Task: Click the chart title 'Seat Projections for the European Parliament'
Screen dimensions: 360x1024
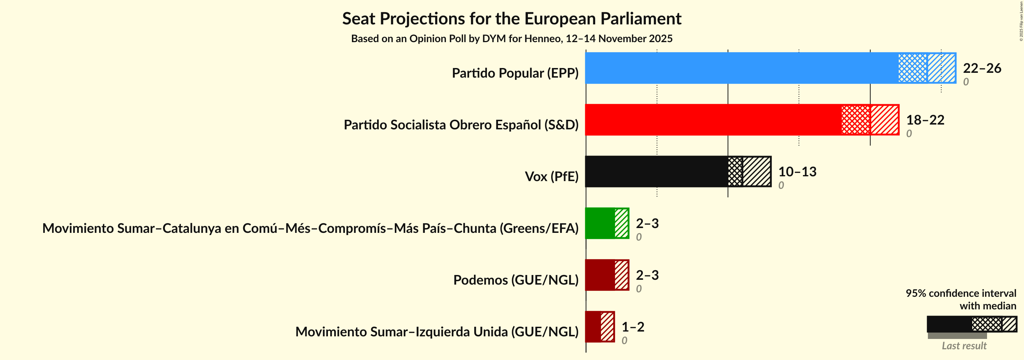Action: [512, 19]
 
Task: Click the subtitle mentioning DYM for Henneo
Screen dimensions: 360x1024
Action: [512, 38]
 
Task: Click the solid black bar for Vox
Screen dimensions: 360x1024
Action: [656, 171]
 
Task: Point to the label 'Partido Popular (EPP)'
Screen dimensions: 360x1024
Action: [515, 73]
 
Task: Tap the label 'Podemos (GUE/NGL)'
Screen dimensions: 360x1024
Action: [516, 280]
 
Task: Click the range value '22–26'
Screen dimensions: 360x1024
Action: [981, 68]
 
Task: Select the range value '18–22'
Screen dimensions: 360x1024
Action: [925, 120]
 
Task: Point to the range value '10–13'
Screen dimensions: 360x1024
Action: [797, 171]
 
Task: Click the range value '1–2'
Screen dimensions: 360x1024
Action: [633, 327]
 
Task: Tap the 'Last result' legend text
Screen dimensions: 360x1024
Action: [964, 345]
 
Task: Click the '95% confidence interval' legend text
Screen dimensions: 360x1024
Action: [960, 293]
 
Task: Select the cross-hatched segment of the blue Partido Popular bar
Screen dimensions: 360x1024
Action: [912, 68]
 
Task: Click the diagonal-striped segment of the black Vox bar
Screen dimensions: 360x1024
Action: [756, 171]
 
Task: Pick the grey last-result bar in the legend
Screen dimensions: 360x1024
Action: [957, 336]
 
